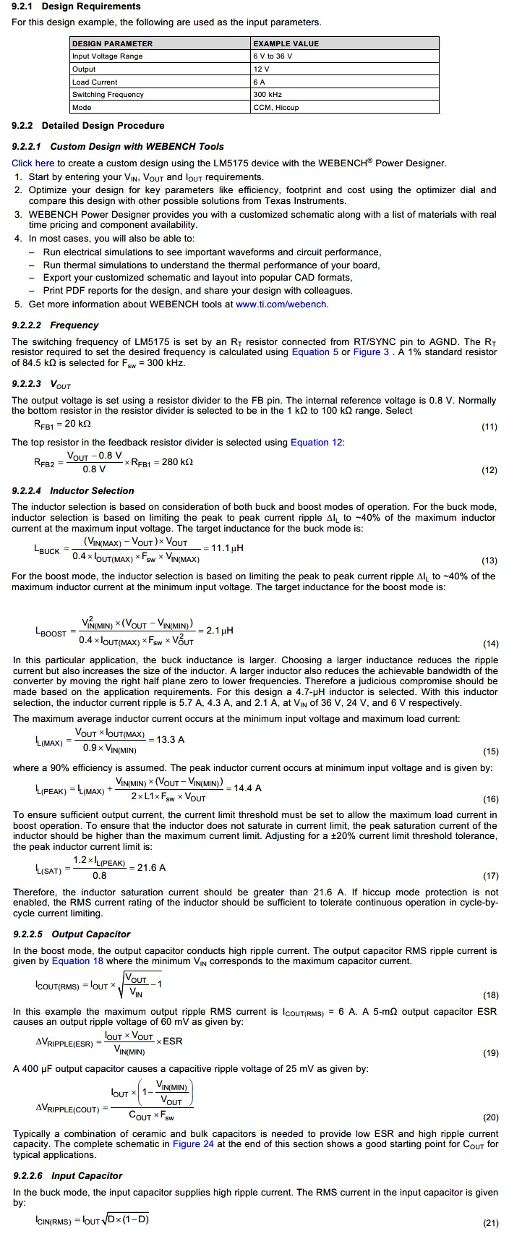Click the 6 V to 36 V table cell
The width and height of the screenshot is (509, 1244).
(273, 56)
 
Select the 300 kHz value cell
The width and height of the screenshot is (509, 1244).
(268, 95)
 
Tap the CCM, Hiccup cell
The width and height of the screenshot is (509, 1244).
(275, 108)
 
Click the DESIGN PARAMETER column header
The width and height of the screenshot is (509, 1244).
(112, 43)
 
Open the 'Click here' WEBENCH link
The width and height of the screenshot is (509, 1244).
(33, 163)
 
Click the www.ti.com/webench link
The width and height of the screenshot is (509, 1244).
(281, 304)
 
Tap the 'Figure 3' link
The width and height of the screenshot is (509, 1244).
(370, 352)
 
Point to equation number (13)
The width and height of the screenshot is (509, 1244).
(489, 561)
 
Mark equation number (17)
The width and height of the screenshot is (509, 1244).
(489, 876)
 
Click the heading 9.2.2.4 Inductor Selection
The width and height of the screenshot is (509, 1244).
(73, 490)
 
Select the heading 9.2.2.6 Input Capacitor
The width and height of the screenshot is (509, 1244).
(68, 1175)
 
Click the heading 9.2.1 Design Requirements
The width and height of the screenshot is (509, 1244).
(76, 6)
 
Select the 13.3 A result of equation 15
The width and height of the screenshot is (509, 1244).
(171, 739)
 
